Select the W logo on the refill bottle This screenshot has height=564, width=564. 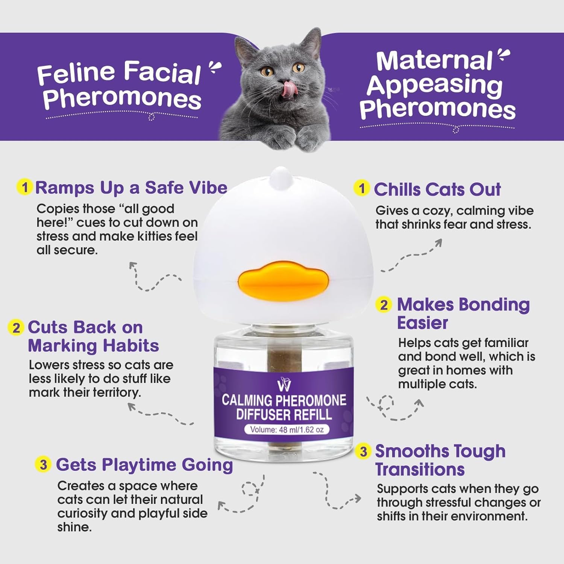pos(284,385)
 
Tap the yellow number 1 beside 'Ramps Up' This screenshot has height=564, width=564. pos(25,187)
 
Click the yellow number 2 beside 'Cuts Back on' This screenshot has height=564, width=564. pos(16,327)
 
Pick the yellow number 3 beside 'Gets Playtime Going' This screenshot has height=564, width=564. pos(43,464)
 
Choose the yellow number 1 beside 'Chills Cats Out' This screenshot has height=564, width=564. pos(362,188)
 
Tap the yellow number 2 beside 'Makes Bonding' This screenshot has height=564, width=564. pos(384,305)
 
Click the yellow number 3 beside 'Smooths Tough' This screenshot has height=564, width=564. pos(363,451)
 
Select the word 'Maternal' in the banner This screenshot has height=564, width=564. pos(434,61)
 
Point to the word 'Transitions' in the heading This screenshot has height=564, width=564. pos(420,470)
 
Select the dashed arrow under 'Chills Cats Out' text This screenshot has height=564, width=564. pos(412,256)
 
